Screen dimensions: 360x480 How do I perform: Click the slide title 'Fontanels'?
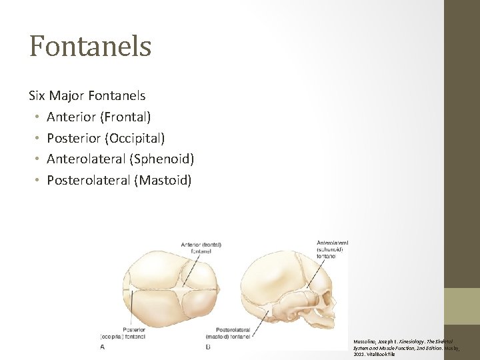point(90,47)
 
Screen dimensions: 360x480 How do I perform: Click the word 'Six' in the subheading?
point(38,96)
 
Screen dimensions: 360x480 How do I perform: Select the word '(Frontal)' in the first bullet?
point(125,117)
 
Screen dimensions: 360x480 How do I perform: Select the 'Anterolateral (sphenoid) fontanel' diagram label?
point(331,249)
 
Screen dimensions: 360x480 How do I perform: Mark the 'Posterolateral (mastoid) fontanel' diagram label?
point(233,333)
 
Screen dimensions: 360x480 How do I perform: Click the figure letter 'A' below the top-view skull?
point(102,346)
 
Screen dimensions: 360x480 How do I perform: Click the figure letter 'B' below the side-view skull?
point(208,346)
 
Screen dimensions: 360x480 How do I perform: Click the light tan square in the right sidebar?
point(462,306)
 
